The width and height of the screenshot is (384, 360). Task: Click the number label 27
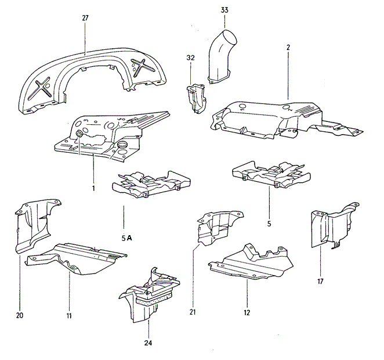pos(85,19)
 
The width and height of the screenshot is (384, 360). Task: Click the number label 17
pos(320,283)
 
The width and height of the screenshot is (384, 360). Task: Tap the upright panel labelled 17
pos(331,228)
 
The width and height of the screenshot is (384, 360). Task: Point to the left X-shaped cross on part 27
pos(44,90)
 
